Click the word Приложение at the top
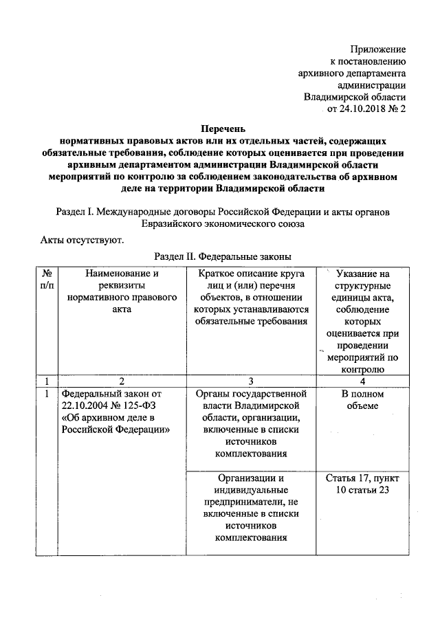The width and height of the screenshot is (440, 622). (x=377, y=49)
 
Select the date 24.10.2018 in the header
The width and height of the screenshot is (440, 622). (x=365, y=108)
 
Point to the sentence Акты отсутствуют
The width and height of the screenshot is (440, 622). (x=81, y=240)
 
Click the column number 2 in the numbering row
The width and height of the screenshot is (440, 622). (x=122, y=381)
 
